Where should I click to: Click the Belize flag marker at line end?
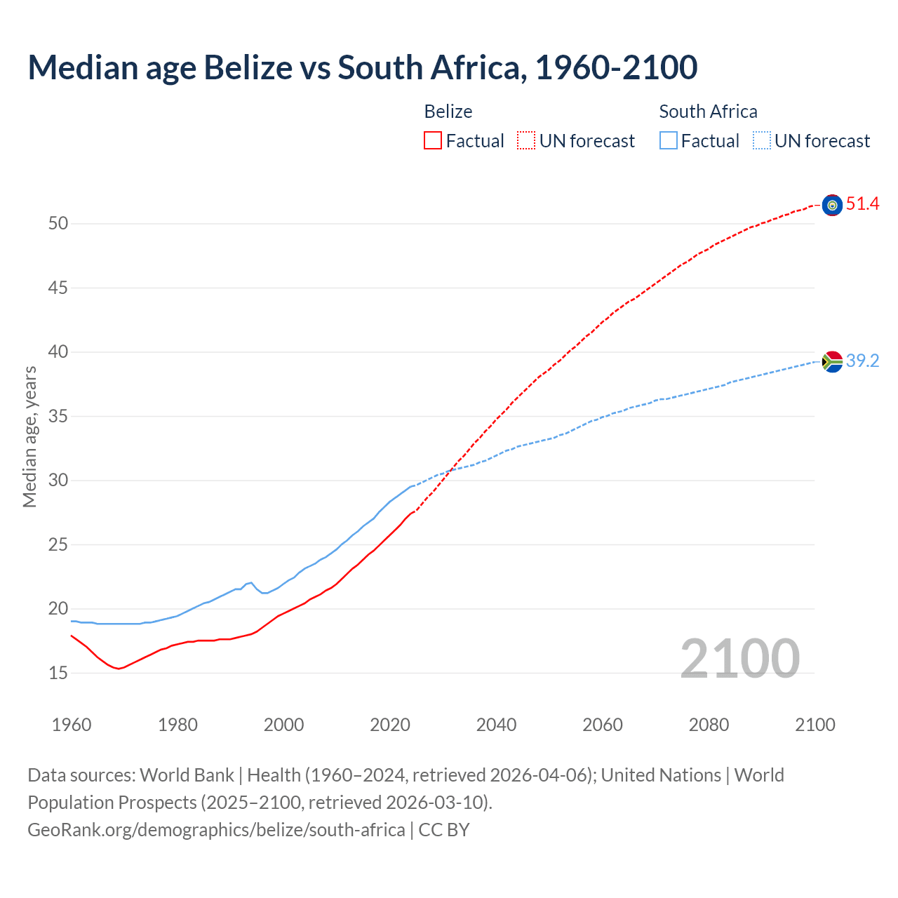[832, 205]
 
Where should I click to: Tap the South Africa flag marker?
[832, 361]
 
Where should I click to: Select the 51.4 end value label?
[862, 204]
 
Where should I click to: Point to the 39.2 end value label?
[862, 361]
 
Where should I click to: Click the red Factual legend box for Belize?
[433, 141]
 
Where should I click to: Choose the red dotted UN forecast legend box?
[526, 141]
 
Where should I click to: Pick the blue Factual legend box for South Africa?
[669, 141]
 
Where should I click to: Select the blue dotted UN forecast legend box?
[761, 141]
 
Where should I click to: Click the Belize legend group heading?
[448, 112]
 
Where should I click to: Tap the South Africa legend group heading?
[708, 112]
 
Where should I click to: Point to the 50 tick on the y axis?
[58, 224]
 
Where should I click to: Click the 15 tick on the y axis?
[58, 673]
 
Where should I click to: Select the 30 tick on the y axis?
[58, 481]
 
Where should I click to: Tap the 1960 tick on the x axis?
[72, 725]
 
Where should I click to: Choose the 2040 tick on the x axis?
[496, 725]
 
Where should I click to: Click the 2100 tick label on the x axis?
[815, 725]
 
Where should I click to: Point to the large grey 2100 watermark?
[739, 658]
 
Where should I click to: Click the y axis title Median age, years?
[29, 436]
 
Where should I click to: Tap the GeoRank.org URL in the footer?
[216, 830]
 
